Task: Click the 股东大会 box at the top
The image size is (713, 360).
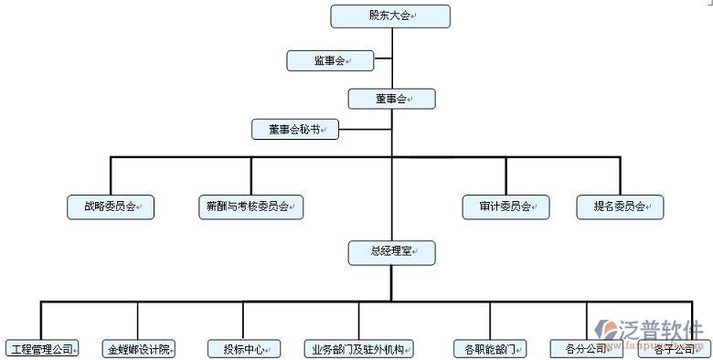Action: pyautogui.click(x=390, y=16)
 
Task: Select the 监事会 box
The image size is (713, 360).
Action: pyautogui.click(x=330, y=61)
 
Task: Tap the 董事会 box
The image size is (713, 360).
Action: pyautogui.click(x=391, y=99)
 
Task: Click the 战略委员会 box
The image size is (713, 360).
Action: pyautogui.click(x=111, y=207)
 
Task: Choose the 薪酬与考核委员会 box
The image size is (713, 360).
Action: pyautogui.click(x=250, y=207)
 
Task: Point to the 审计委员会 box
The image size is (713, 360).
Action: pyautogui.click(x=505, y=207)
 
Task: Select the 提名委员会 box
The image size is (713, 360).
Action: pyautogui.click(x=620, y=207)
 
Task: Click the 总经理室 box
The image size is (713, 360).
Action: pyautogui.click(x=391, y=251)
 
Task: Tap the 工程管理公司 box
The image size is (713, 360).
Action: pyautogui.click(x=41, y=349)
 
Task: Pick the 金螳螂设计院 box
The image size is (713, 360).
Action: pyautogui.click(x=138, y=349)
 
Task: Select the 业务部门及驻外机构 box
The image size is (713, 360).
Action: pyautogui.click(x=359, y=349)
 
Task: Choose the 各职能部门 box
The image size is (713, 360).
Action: pyautogui.click(x=490, y=349)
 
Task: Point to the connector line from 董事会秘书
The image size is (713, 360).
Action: pyautogui.click(x=365, y=130)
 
